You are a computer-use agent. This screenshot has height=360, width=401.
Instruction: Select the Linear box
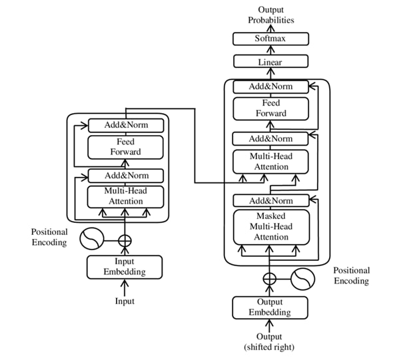[x=270, y=62]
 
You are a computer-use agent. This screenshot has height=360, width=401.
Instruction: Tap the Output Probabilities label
[x=270, y=14]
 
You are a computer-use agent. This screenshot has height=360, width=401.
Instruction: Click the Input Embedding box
[x=125, y=266]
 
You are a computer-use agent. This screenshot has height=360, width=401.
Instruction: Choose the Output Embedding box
[x=270, y=307]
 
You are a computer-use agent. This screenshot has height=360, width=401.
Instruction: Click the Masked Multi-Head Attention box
[x=270, y=226]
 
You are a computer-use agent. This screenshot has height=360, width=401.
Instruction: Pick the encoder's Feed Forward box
[x=125, y=146]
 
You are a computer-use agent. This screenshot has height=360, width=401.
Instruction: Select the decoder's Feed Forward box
[x=270, y=108]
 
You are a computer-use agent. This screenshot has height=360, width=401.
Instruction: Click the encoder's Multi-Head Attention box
[x=125, y=196]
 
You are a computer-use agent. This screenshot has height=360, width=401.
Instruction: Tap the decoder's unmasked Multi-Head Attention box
[x=270, y=161]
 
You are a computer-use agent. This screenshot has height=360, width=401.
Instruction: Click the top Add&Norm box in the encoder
[x=125, y=124]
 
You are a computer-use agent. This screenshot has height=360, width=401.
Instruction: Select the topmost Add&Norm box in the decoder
[x=270, y=87]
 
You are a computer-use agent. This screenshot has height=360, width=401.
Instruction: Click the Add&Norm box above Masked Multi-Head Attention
[x=270, y=200]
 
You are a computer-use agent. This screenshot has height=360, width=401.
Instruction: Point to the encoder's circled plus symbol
[x=125, y=238]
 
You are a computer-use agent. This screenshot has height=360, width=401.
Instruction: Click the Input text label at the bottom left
[x=125, y=301]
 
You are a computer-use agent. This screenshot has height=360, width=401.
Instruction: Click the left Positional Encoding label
[x=49, y=237]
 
